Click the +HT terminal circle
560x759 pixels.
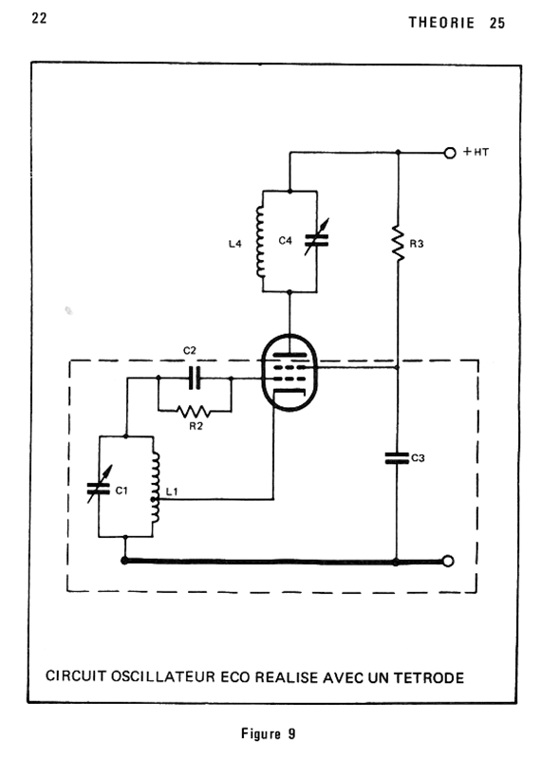pos(450,153)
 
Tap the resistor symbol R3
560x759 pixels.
pos(399,244)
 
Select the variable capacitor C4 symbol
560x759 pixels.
pos(316,238)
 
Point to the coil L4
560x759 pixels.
pos(260,242)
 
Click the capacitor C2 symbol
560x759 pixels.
pos(195,378)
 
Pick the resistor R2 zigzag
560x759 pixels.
pos(194,412)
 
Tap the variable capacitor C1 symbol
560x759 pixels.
pos(100,485)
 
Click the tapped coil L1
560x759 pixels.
pos(155,487)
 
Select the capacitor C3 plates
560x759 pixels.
pos(397,458)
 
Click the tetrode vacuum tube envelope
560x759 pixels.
pos(289,372)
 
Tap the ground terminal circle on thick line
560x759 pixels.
pos(449,562)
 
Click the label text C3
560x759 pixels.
pos(418,458)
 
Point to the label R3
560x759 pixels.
pos(417,244)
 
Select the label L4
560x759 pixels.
pos(235,244)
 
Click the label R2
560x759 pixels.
pos(196,426)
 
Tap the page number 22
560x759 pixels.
pos(39,18)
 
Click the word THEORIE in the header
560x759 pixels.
pos(441,23)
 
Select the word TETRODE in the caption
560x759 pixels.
pos(429,677)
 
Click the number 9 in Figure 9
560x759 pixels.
pos(291,733)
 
